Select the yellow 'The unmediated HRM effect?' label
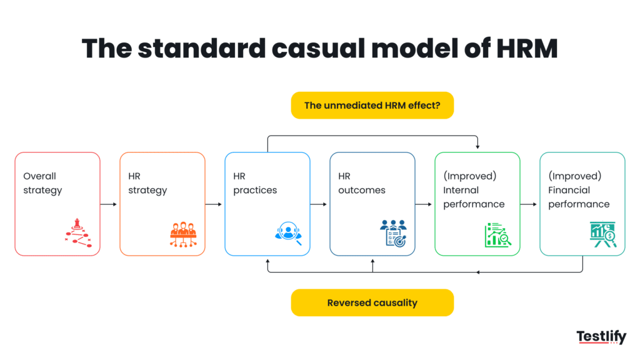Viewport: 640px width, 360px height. pos(372,106)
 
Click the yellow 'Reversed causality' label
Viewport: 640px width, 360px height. pos(372,302)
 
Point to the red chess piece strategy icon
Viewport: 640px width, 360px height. pos(77,232)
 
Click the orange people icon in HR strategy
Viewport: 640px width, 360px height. pos(182,233)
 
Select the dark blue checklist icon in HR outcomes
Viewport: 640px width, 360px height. pos(392,233)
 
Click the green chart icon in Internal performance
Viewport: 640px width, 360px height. pos(497,234)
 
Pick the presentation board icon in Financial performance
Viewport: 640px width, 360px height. pos(603,234)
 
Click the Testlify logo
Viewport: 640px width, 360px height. pos(601,337)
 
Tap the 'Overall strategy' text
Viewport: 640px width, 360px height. pos(42,183)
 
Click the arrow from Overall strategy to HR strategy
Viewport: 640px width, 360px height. pos(109,204)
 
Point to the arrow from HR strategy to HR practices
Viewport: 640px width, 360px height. pos(214,204)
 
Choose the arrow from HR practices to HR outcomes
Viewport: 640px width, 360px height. pos(319,204)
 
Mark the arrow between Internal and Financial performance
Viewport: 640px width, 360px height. pos(529,204)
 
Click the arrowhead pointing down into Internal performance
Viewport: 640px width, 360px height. pos(477,147)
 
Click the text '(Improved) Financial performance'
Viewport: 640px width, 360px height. pos(579,190)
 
